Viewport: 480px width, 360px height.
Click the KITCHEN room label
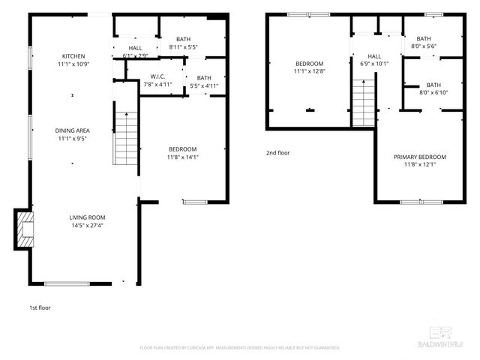pyautogui.click(x=73, y=56)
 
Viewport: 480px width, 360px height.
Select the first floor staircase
pyautogui.click(x=126, y=138)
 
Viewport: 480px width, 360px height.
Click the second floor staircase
pyautogui.click(x=362, y=103)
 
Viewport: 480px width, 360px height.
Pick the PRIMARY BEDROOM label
pyautogui.click(x=420, y=157)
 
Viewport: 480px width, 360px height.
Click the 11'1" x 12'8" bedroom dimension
pyautogui.click(x=309, y=72)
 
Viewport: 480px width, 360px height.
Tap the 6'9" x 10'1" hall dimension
pyautogui.click(x=374, y=64)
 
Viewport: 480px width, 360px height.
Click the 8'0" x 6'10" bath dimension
pyautogui.click(x=433, y=93)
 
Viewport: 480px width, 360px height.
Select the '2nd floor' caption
pyautogui.click(x=277, y=153)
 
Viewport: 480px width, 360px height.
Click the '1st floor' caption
pyautogui.click(x=40, y=307)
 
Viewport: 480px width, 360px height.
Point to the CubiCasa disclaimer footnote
pyautogui.click(x=240, y=348)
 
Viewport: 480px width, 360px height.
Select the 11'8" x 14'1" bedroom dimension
pyautogui.click(x=182, y=157)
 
